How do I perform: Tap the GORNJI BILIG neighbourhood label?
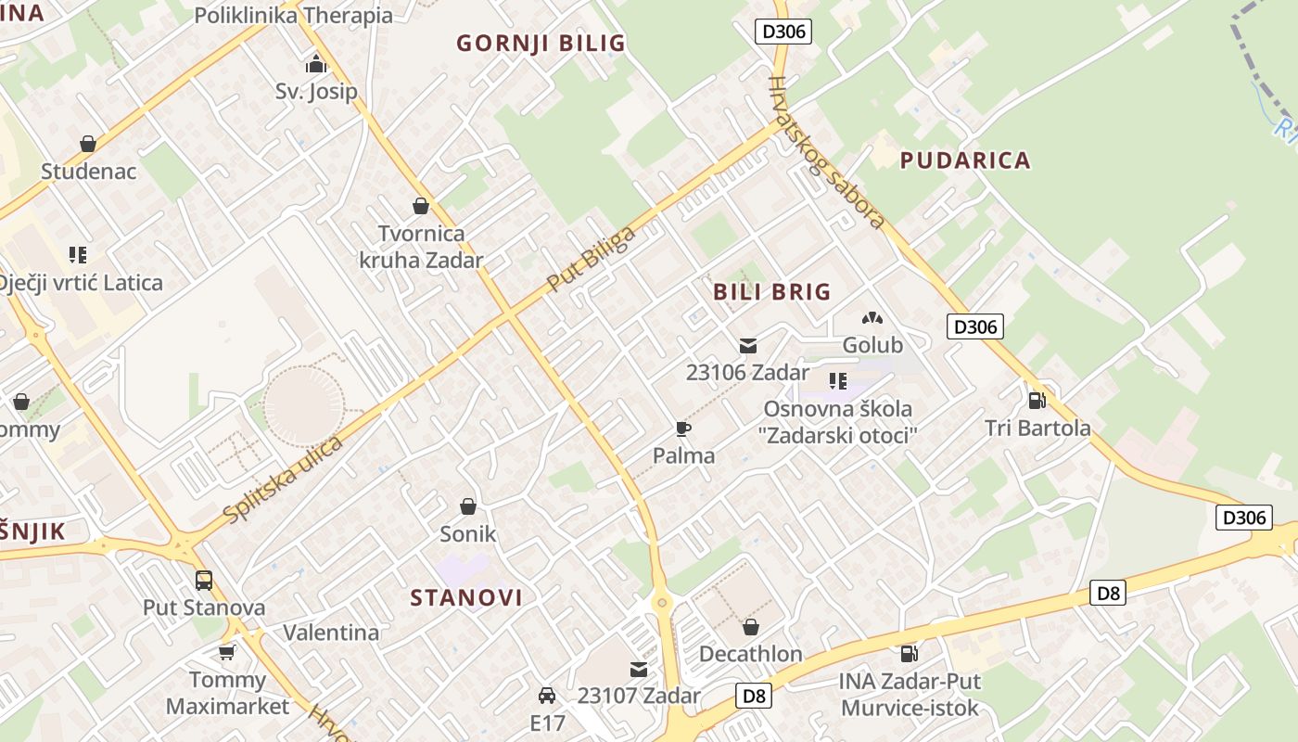(x=541, y=44)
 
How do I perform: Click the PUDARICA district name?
(x=965, y=160)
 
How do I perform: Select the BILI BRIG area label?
(x=772, y=292)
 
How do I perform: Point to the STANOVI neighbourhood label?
(x=466, y=597)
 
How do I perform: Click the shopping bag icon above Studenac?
(x=88, y=144)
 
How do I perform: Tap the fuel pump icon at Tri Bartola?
(x=1037, y=401)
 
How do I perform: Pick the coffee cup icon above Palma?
(x=683, y=429)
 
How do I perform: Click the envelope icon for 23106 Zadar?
(x=747, y=346)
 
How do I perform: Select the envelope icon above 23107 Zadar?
(x=638, y=669)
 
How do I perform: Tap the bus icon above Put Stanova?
(x=204, y=581)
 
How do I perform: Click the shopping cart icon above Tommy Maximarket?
(x=227, y=653)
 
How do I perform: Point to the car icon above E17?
(x=547, y=696)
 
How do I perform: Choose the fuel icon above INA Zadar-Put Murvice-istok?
(x=909, y=654)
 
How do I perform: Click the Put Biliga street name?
(x=591, y=259)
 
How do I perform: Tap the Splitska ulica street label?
(x=283, y=479)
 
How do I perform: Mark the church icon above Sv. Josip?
(x=316, y=65)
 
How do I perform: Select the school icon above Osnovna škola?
(x=838, y=381)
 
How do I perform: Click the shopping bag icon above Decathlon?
(x=750, y=627)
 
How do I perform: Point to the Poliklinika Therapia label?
(x=293, y=16)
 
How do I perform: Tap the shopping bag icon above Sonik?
(x=468, y=506)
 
